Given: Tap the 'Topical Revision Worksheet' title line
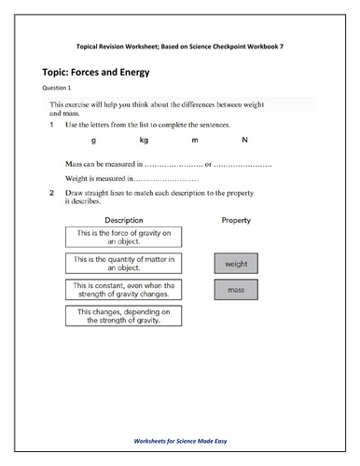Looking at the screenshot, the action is tap(180, 45).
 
